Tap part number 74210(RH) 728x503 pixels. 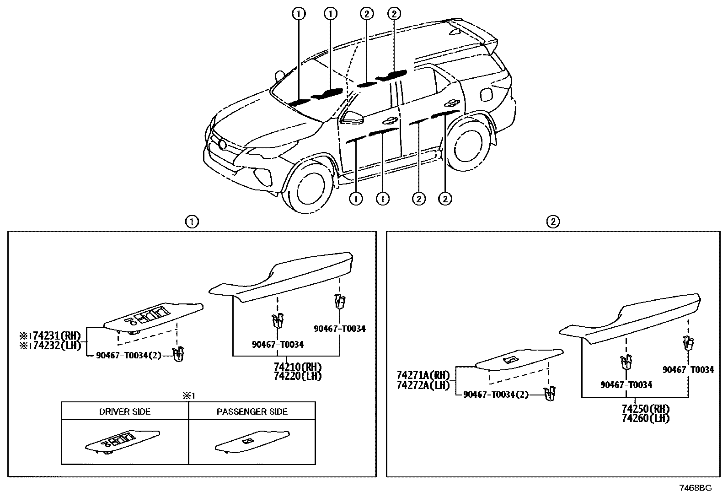coord(298,367)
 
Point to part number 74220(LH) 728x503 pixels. coord(298,376)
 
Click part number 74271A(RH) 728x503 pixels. coord(423,375)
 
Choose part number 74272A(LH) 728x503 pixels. coord(423,385)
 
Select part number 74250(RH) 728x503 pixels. coord(645,409)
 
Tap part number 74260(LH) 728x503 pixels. coord(645,418)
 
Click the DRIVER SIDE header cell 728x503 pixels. coord(125,411)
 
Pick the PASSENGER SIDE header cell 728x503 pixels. coord(252,411)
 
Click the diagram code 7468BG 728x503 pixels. coord(695,488)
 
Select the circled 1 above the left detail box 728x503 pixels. coord(192,222)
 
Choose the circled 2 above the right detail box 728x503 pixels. coord(553,222)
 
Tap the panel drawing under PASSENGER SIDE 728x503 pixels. coord(252,440)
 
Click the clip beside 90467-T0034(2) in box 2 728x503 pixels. coord(549,394)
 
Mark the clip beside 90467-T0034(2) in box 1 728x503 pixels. coord(179,354)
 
